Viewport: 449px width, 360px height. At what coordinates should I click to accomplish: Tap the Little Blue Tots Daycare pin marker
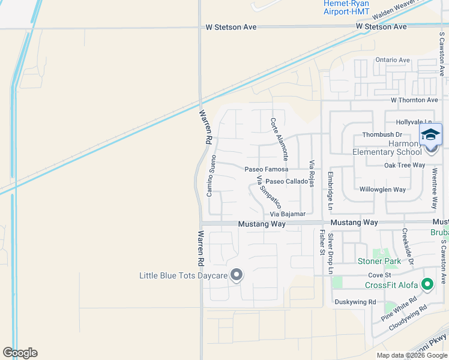pos(237,275)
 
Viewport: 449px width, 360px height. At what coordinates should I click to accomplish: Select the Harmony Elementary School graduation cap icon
pos(430,134)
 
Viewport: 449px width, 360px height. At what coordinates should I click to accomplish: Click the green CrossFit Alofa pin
pos(427,284)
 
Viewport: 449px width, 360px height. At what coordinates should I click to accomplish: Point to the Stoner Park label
pos(379,261)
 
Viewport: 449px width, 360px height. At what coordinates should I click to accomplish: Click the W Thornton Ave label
pos(414,100)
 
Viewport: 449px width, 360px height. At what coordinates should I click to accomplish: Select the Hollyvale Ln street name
pos(414,121)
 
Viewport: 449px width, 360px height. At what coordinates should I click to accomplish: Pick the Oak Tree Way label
pos(405,165)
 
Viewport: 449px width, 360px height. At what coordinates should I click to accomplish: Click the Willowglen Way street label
pos(382,190)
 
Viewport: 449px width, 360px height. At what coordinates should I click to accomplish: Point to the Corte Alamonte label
pos(279,138)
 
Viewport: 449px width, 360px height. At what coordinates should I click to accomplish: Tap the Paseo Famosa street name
pos(266,169)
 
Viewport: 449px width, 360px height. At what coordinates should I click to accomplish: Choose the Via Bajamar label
pos(288,214)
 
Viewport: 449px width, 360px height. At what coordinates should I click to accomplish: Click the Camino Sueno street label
pos(211,175)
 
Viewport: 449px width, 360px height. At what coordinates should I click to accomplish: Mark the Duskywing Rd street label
pos(355,302)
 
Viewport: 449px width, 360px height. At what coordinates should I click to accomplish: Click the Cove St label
pos(379,274)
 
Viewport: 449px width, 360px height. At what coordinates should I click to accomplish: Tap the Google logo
pos(20,353)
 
